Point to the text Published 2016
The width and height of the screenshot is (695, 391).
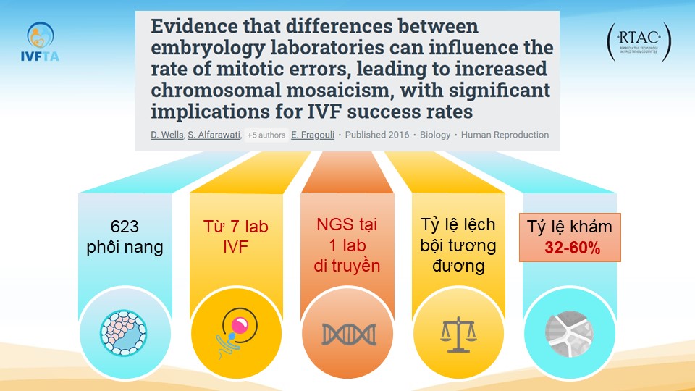click(x=376, y=135)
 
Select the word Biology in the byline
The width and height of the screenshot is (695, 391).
click(x=434, y=135)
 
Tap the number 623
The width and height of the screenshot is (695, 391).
click(x=125, y=226)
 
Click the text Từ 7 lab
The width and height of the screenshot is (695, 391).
click(x=235, y=226)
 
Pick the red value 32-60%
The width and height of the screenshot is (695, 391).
click(x=571, y=248)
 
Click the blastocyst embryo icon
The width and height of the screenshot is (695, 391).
click(x=125, y=330)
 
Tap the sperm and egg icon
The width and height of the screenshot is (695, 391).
click(x=236, y=330)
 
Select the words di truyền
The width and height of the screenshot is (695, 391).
click(x=347, y=266)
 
